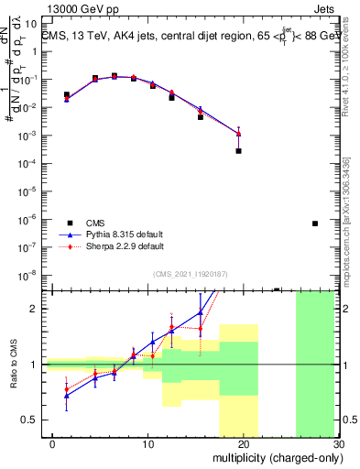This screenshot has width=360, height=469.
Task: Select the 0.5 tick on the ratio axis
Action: (x=32, y=420)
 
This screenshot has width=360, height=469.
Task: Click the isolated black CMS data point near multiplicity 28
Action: (x=314, y=223)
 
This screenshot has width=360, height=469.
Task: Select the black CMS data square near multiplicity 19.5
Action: (x=238, y=150)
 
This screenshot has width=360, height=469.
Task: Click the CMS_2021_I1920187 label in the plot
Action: (x=190, y=273)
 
